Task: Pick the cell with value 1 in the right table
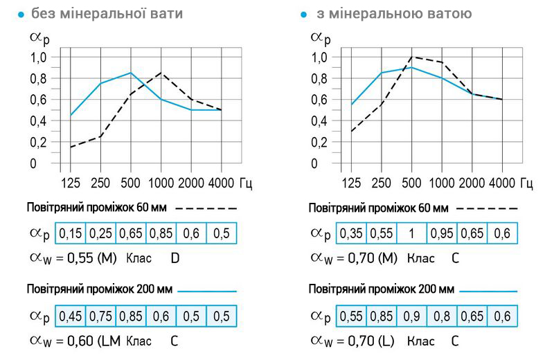pos(412,234)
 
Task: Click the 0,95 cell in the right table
pos(442,234)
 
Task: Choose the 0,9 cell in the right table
pos(412,316)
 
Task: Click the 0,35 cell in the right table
pos(352,234)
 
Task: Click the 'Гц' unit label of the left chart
pos(247,183)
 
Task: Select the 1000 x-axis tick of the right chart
pos(442,183)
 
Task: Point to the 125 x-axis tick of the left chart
pos(71,183)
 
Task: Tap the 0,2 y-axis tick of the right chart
pos(319,143)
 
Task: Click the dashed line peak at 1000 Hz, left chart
pos(161,72)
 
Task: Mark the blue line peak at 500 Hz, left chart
pos(131,73)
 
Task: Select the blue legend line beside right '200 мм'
pos(488,290)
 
